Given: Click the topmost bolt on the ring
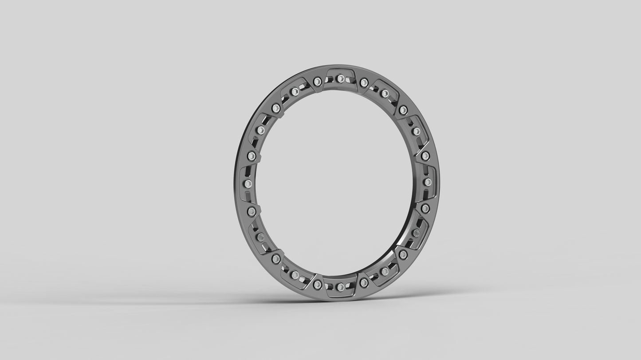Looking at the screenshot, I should [340, 78].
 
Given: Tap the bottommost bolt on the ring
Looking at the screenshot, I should [340, 287].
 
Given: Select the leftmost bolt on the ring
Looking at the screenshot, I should [248, 183].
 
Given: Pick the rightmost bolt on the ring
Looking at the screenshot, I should [428, 182].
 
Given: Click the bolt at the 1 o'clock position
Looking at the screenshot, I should [385, 94].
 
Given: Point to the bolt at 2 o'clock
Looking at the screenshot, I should [416, 131].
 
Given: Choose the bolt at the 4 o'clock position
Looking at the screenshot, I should [416, 233].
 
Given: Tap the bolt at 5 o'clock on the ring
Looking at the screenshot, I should [385, 271].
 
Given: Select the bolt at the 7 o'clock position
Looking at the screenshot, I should [295, 275].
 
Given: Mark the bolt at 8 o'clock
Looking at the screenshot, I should [260, 237].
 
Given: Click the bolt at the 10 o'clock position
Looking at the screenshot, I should [260, 130].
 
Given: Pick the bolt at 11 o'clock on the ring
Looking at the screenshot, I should [295, 92].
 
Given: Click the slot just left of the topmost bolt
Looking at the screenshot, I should [329, 80].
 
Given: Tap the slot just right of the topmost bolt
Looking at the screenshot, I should [352, 80].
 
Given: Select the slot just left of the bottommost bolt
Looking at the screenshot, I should [329, 286].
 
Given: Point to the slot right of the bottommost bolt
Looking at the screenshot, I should [352, 285].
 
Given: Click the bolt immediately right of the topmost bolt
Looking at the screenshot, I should [364, 82].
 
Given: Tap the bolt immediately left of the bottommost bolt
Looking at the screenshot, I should [317, 285].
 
